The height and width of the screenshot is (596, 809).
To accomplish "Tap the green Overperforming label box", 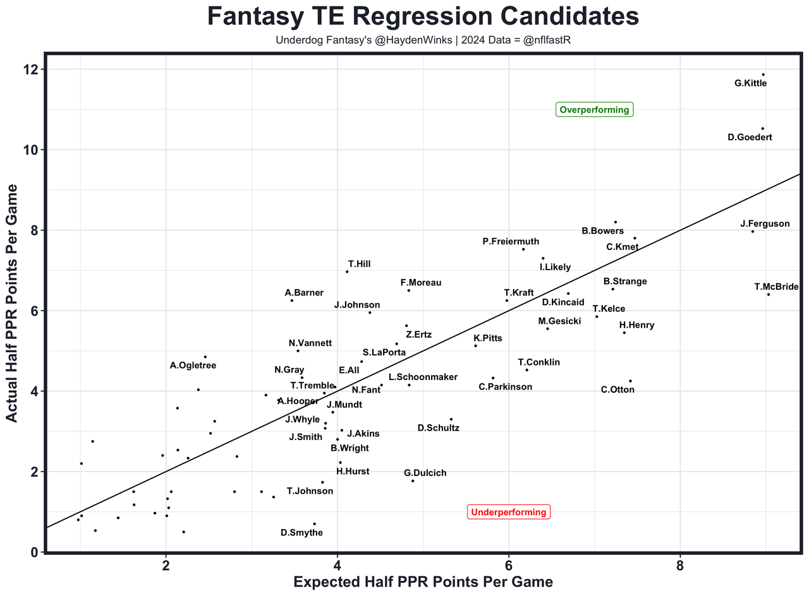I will click(x=594, y=110).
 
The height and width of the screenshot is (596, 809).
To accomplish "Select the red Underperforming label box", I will click(x=508, y=512).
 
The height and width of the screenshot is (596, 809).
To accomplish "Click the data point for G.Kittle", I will click(x=763, y=74).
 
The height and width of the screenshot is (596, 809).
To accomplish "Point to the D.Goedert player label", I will click(x=750, y=137).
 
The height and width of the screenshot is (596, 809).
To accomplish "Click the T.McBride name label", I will click(x=776, y=287).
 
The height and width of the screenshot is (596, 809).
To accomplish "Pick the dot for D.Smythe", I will click(x=314, y=523).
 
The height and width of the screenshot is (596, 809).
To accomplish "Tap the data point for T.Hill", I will click(x=347, y=271).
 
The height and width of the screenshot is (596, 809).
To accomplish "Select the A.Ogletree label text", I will click(x=193, y=365).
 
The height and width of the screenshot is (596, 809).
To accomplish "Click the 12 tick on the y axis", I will click(x=27, y=69).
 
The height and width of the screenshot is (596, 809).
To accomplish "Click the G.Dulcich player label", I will click(x=425, y=473).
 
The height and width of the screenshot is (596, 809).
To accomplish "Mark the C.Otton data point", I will click(x=630, y=381).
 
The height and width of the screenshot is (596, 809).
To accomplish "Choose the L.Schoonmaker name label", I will click(x=423, y=377).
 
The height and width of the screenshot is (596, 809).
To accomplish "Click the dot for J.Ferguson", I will click(x=752, y=231).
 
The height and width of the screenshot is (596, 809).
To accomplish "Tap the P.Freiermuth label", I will click(x=511, y=241).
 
